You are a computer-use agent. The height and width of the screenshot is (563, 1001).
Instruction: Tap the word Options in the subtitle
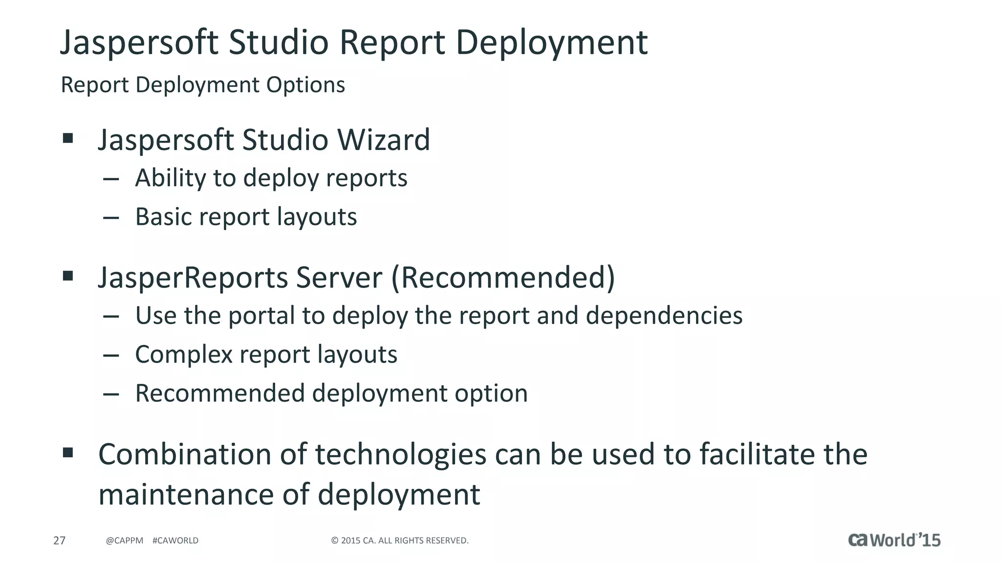305,85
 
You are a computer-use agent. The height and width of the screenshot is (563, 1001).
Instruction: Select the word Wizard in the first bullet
384,140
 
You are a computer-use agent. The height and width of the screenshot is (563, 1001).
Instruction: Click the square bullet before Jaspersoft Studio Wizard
68,138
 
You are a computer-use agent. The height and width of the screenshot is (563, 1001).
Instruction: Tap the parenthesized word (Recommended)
503,278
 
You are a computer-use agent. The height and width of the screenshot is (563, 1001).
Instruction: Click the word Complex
183,354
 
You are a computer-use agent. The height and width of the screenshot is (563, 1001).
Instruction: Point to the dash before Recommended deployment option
111,394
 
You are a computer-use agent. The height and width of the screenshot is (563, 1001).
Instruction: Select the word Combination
185,455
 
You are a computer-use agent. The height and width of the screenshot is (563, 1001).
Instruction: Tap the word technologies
400,455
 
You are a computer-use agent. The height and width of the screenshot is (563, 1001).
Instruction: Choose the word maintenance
186,494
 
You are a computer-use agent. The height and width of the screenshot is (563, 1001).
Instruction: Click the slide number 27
59,541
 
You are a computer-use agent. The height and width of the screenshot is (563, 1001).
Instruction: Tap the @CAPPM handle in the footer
125,541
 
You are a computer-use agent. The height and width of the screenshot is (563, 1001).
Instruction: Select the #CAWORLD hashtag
175,541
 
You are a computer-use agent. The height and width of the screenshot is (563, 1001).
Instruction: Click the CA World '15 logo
894,540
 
